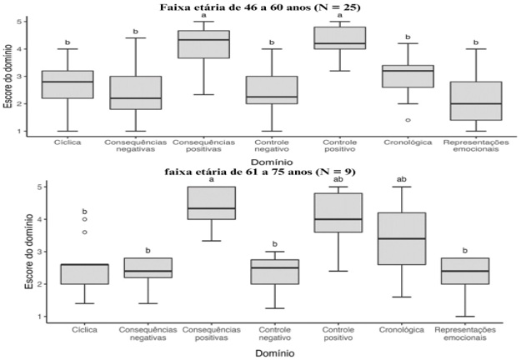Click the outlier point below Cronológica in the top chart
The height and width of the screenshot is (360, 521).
(x=408, y=120)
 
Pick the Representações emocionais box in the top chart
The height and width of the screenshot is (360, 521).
(x=475, y=101)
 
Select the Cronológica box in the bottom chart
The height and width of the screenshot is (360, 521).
(x=408, y=238)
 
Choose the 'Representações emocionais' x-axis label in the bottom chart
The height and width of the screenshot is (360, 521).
(x=475, y=334)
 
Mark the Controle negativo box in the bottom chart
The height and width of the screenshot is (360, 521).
(x=281, y=272)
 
